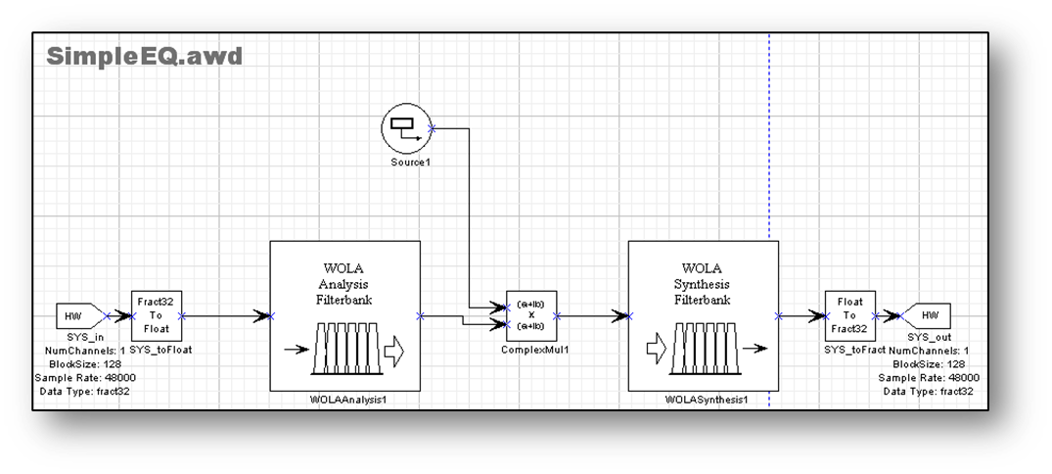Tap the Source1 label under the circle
tap(405, 162)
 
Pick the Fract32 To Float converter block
tap(157, 315)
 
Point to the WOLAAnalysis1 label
tap(344, 400)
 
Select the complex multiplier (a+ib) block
tap(531, 315)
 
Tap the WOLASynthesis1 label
tap(704, 400)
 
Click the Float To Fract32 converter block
tap(849, 315)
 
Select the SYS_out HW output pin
tap(926, 316)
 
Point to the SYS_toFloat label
tap(157, 350)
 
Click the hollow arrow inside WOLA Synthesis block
tap(656, 349)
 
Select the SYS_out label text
tap(926, 337)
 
